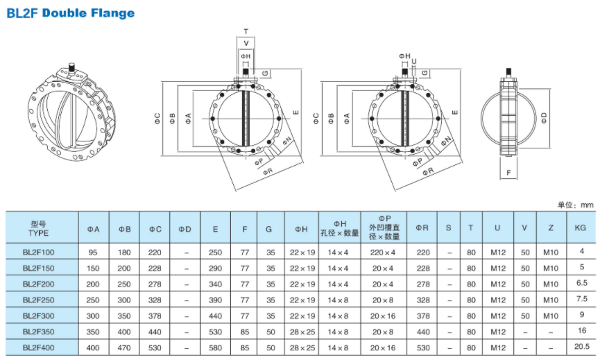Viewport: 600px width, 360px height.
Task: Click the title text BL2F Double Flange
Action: (70, 13)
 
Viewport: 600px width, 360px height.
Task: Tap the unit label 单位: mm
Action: (576, 205)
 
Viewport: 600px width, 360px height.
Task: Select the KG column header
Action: (581, 228)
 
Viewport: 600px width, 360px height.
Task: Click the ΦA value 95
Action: (93, 252)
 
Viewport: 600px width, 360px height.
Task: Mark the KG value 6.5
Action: (582, 283)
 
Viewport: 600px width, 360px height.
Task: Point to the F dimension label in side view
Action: (508, 171)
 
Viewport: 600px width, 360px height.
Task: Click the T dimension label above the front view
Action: (246, 31)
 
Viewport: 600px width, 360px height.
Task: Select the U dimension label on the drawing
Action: (414, 60)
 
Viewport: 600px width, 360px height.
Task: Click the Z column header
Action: (550, 228)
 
